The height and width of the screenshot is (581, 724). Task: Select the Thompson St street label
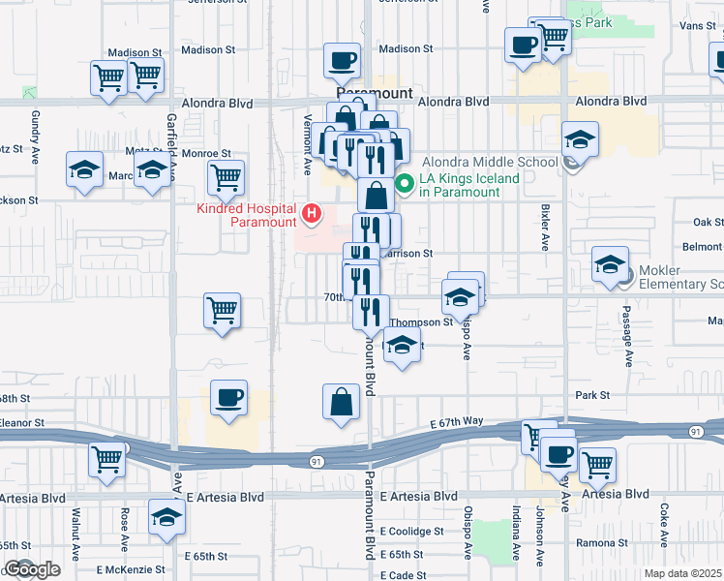(x=421, y=322)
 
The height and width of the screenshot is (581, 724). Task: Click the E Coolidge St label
(x=411, y=532)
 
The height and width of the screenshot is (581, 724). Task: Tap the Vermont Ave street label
(x=308, y=153)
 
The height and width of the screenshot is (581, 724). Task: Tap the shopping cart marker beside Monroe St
(x=226, y=177)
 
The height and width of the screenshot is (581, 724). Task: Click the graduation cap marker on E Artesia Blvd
(x=167, y=517)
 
